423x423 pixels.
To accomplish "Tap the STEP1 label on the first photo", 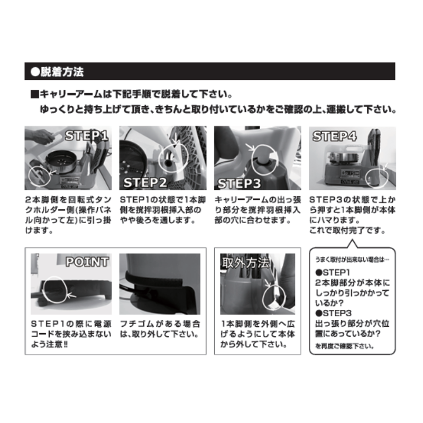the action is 87,136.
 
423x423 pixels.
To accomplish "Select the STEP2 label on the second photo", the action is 145,182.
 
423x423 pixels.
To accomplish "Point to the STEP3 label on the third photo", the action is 239,183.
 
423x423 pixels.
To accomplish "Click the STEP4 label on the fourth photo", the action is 334,136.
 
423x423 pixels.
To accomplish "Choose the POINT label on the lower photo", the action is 87,262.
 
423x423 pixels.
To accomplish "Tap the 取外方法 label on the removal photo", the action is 245,263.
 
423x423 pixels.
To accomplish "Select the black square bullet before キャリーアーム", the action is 34,95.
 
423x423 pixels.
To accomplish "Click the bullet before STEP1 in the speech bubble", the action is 319,272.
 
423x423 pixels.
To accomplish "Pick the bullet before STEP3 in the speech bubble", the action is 319,313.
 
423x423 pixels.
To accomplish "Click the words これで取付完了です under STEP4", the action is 347,231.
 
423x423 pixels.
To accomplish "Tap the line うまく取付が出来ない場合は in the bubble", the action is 352,260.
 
